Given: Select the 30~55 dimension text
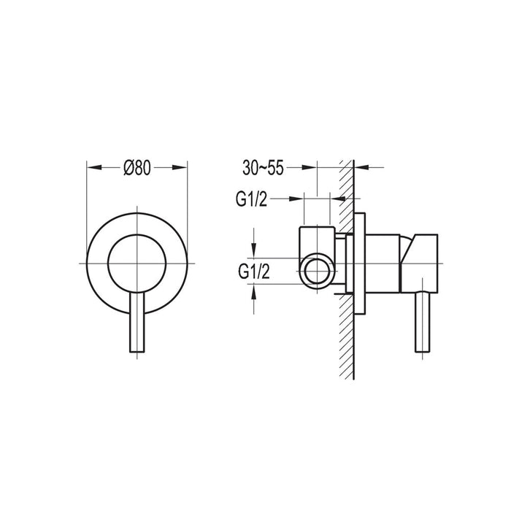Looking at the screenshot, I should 264,168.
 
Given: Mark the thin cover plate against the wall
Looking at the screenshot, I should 360,262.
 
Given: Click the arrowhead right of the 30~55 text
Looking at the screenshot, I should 314,168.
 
